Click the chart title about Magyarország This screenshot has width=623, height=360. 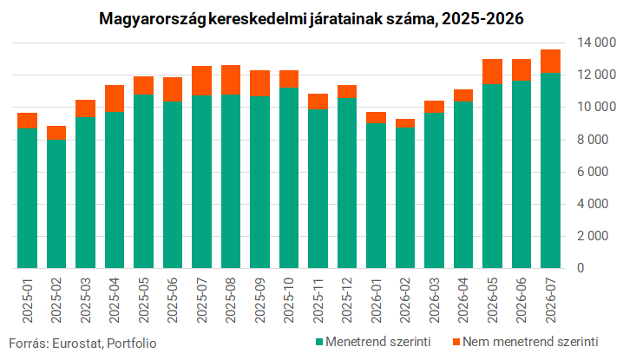click(x=311, y=19)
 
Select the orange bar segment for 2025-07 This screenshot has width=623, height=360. click(x=201, y=81)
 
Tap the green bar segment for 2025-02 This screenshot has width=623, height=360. click(x=56, y=204)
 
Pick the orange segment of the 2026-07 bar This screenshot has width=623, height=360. click(x=550, y=62)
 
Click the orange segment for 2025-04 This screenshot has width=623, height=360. click(x=115, y=99)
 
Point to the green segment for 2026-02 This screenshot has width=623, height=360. click(x=405, y=198)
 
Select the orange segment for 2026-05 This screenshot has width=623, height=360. click(x=492, y=71)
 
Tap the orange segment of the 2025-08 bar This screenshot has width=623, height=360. click(x=231, y=80)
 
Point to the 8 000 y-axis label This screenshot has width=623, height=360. click(x=593, y=140)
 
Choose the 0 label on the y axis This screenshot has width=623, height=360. click(x=580, y=268)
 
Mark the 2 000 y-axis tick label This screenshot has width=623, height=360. click(x=593, y=236)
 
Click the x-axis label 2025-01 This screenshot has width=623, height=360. click(x=28, y=301)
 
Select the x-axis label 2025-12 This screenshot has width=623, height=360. click(x=347, y=301)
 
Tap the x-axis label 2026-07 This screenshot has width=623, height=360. click(x=551, y=301)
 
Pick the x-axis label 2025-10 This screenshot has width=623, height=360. click(x=289, y=301)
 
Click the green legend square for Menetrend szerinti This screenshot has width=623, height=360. click(x=319, y=342)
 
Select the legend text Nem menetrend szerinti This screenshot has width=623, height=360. click(x=530, y=342)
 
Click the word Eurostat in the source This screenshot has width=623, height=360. click(x=77, y=344)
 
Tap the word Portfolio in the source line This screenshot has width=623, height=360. click(x=132, y=344)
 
